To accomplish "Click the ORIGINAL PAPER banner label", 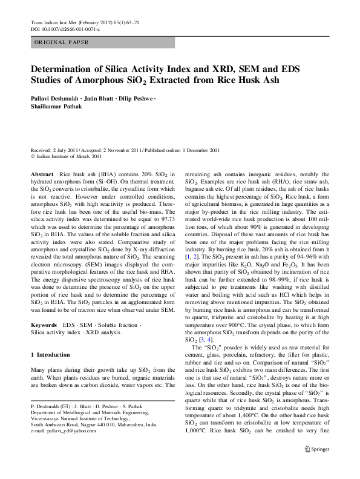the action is pos(61,42).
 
